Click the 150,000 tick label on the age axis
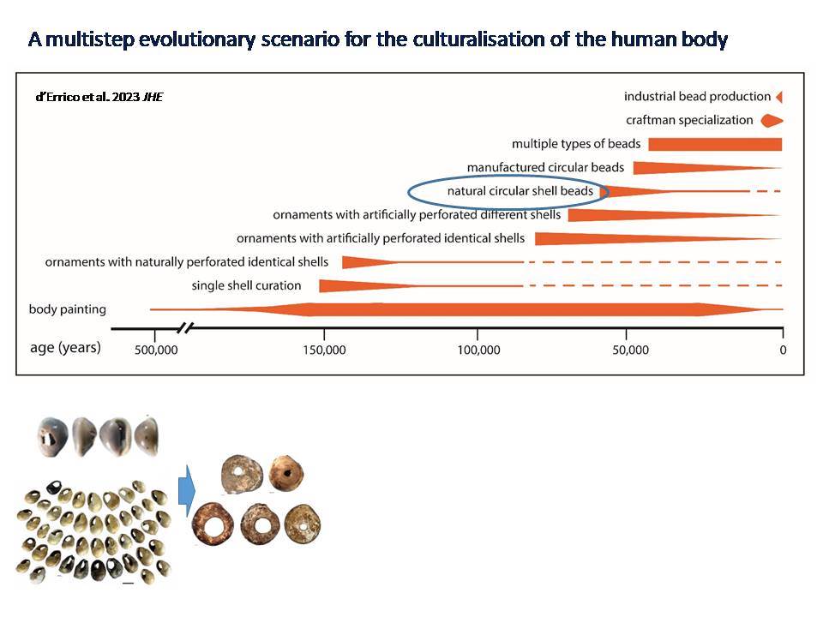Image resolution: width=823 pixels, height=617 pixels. pyautogui.click(x=324, y=350)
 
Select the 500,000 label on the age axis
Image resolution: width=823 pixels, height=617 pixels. pyautogui.click(x=156, y=350)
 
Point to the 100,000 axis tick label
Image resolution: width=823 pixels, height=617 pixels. pyautogui.click(x=478, y=350)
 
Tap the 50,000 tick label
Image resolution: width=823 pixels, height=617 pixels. pyautogui.click(x=630, y=350)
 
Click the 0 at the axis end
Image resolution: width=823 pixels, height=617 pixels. pyautogui.click(x=783, y=350)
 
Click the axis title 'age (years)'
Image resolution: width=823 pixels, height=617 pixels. pyautogui.click(x=65, y=348)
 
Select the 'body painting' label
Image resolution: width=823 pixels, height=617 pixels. pyautogui.click(x=67, y=309)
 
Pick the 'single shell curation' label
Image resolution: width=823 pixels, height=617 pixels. pyautogui.click(x=246, y=285)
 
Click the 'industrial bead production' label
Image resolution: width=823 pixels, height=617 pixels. pyautogui.click(x=697, y=97)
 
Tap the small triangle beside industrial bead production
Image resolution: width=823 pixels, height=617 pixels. pyautogui.click(x=779, y=97)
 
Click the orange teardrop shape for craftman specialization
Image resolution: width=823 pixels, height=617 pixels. pyautogui.click(x=772, y=121)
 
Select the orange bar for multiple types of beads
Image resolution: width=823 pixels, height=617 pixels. pyautogui.click(x=715, y=144)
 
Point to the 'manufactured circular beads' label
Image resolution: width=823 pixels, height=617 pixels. pyautogui.click(x=545, y=167)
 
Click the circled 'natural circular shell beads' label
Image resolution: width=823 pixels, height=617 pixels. pyautogui.click(x=520, y=191)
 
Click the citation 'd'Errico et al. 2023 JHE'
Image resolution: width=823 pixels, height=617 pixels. pyautogui.click(x=99, y=97)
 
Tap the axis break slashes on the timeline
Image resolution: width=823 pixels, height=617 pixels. pyautogui.click(x=185, y=328)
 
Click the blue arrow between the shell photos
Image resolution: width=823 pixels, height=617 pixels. pyautogui.click(x=187, y=491)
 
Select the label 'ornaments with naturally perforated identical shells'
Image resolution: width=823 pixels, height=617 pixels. pyautogui.click(x=186, y=262)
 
